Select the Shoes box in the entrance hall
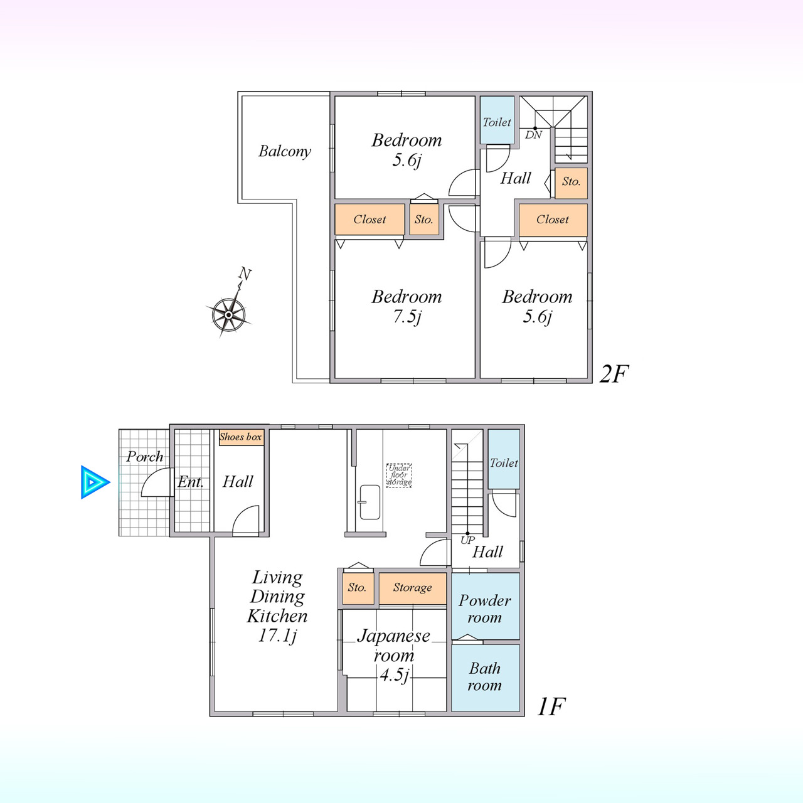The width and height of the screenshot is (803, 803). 242,437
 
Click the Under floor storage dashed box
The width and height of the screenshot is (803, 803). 399,476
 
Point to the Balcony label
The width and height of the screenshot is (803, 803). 285,151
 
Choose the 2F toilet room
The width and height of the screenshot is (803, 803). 497,120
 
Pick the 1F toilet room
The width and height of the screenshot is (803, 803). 504,459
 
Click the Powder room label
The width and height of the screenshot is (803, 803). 485,609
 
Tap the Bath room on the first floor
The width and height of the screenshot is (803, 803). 486,678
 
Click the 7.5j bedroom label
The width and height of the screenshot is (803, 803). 407,307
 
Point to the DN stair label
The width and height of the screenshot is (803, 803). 533,135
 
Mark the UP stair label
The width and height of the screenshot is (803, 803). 467,540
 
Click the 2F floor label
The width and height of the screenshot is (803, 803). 614,373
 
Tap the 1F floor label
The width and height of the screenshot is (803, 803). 551,706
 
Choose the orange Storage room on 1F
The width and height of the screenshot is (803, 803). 413,588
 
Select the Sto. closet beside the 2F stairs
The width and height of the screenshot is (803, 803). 572,183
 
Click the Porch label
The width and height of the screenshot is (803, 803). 144,457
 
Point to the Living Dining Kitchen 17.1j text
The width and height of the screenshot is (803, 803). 277,607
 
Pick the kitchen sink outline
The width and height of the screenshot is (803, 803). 370,502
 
